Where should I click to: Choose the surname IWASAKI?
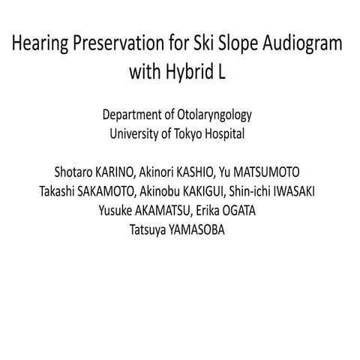point(295,192)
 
